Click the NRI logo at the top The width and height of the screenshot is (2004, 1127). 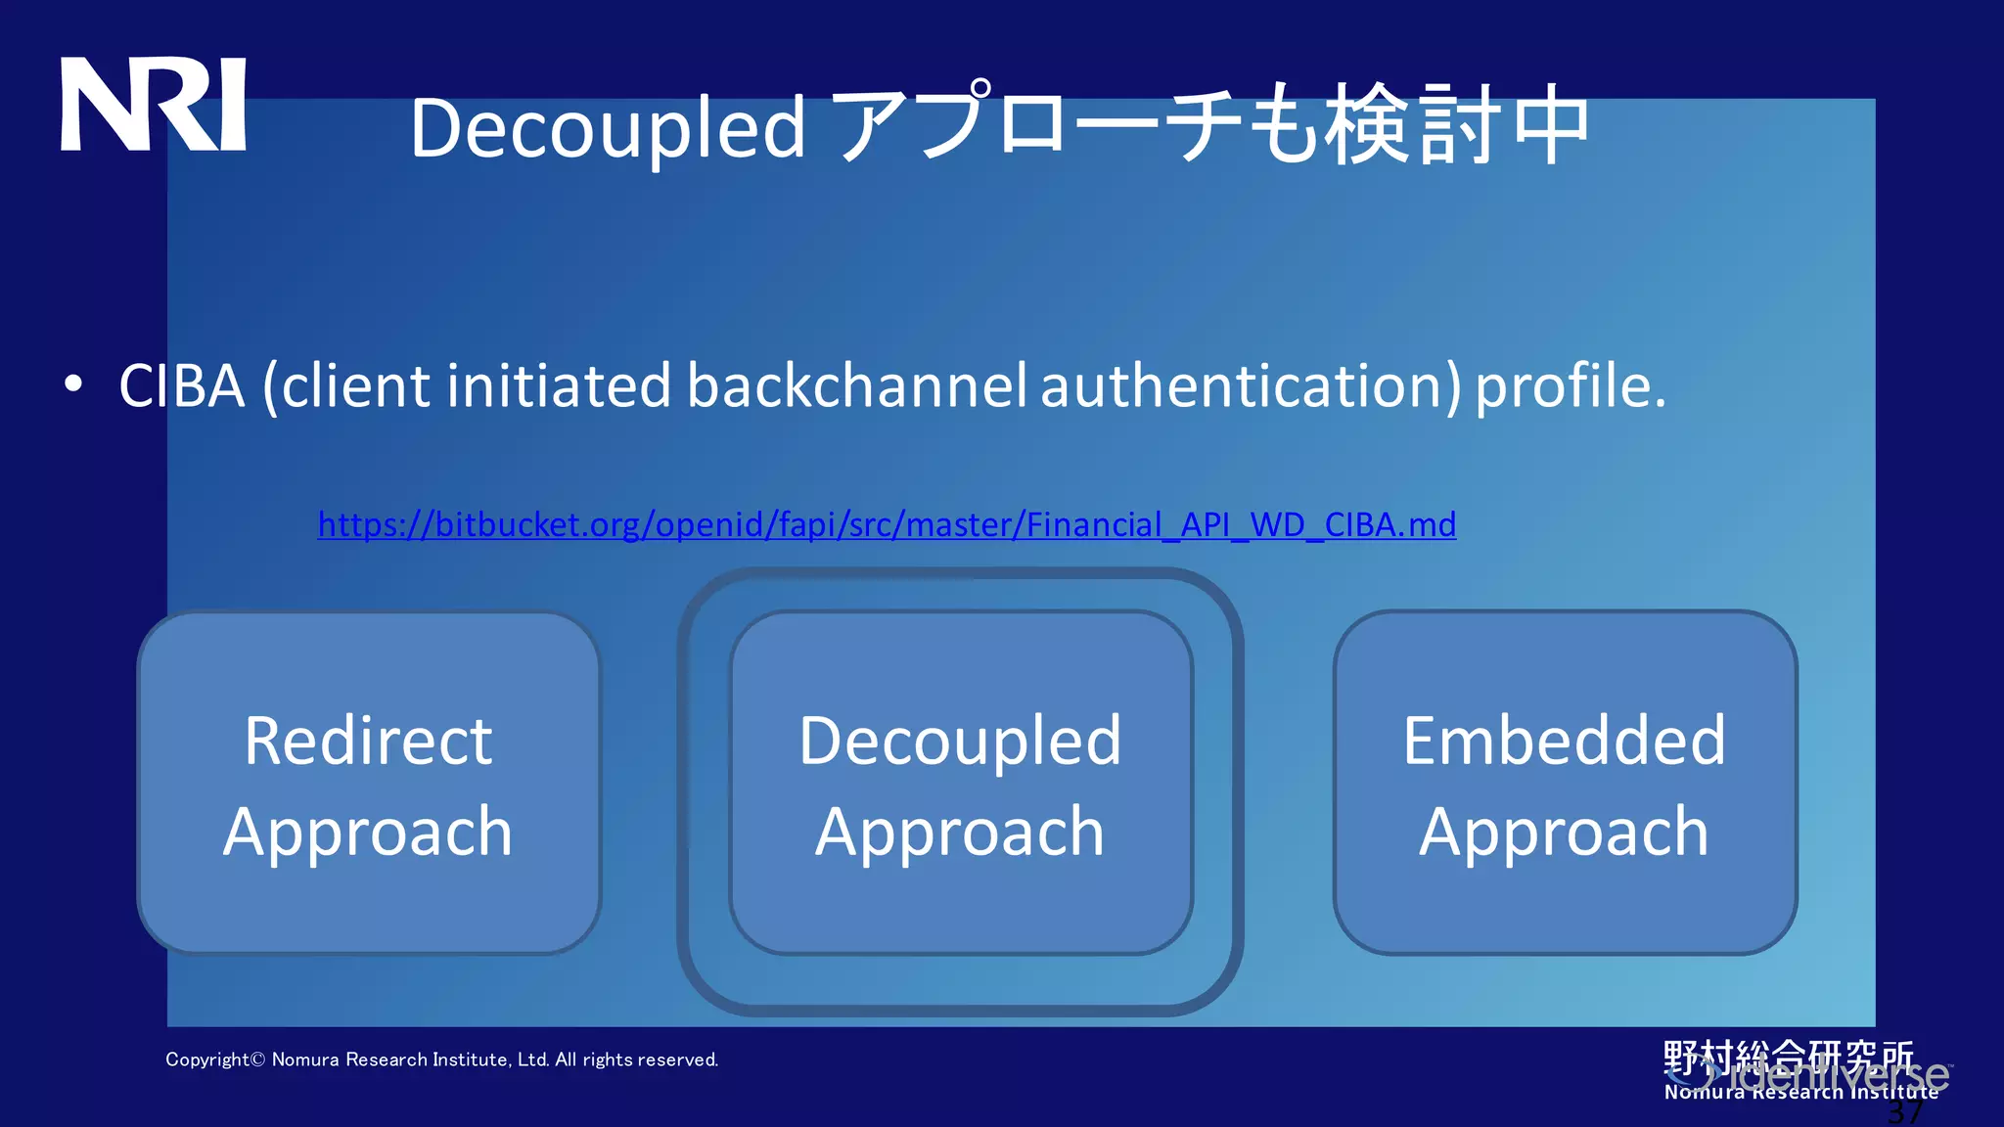pyautogui.click(x=154, y=105)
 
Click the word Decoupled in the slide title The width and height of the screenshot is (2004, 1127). pyautogui.click(x=607, y=129)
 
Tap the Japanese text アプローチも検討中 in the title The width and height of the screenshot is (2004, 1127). pyautogui.click(x=1213, y=125)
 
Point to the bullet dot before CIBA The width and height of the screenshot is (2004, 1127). pyautogui.click(x=73, y=384)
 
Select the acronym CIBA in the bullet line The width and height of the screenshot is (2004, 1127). pyautogui.click(x=181, y=385)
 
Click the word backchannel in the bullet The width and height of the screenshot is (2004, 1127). pyautogui.click(x=856, y=385)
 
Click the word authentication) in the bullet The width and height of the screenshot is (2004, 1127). pyautogui.click(x=1251, y=385)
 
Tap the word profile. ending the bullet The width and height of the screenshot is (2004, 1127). pyautogui.click(x=1570, y=385)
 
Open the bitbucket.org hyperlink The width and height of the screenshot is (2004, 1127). pyautogui.click(x=886, y=525)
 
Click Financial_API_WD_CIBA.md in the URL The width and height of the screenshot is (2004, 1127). pyautogui.click(x=1241, y=525)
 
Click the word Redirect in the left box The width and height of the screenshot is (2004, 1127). pyautogui.click(x=368, y=741)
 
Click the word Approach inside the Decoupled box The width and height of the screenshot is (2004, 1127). pyautogui.click(x=960, y=832)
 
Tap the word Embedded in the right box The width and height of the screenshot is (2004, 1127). pyautogui.click(x=1564, y=741)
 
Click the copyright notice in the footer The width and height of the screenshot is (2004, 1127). pyautogui.click(x=441, y=1059)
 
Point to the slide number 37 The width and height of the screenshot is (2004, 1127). pyautogui.click(x=1904, y=1112)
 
